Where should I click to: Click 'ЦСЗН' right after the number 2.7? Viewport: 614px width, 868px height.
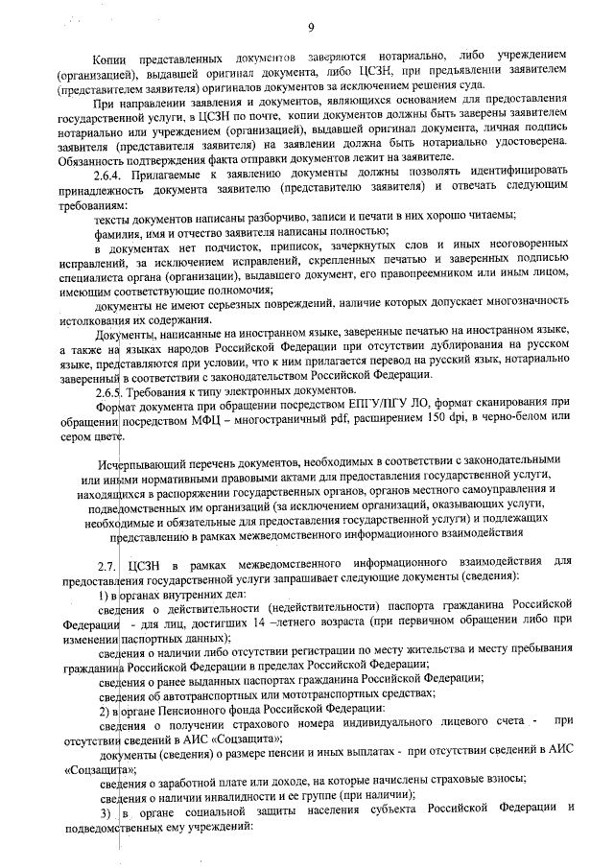click(x=146, y=560)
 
